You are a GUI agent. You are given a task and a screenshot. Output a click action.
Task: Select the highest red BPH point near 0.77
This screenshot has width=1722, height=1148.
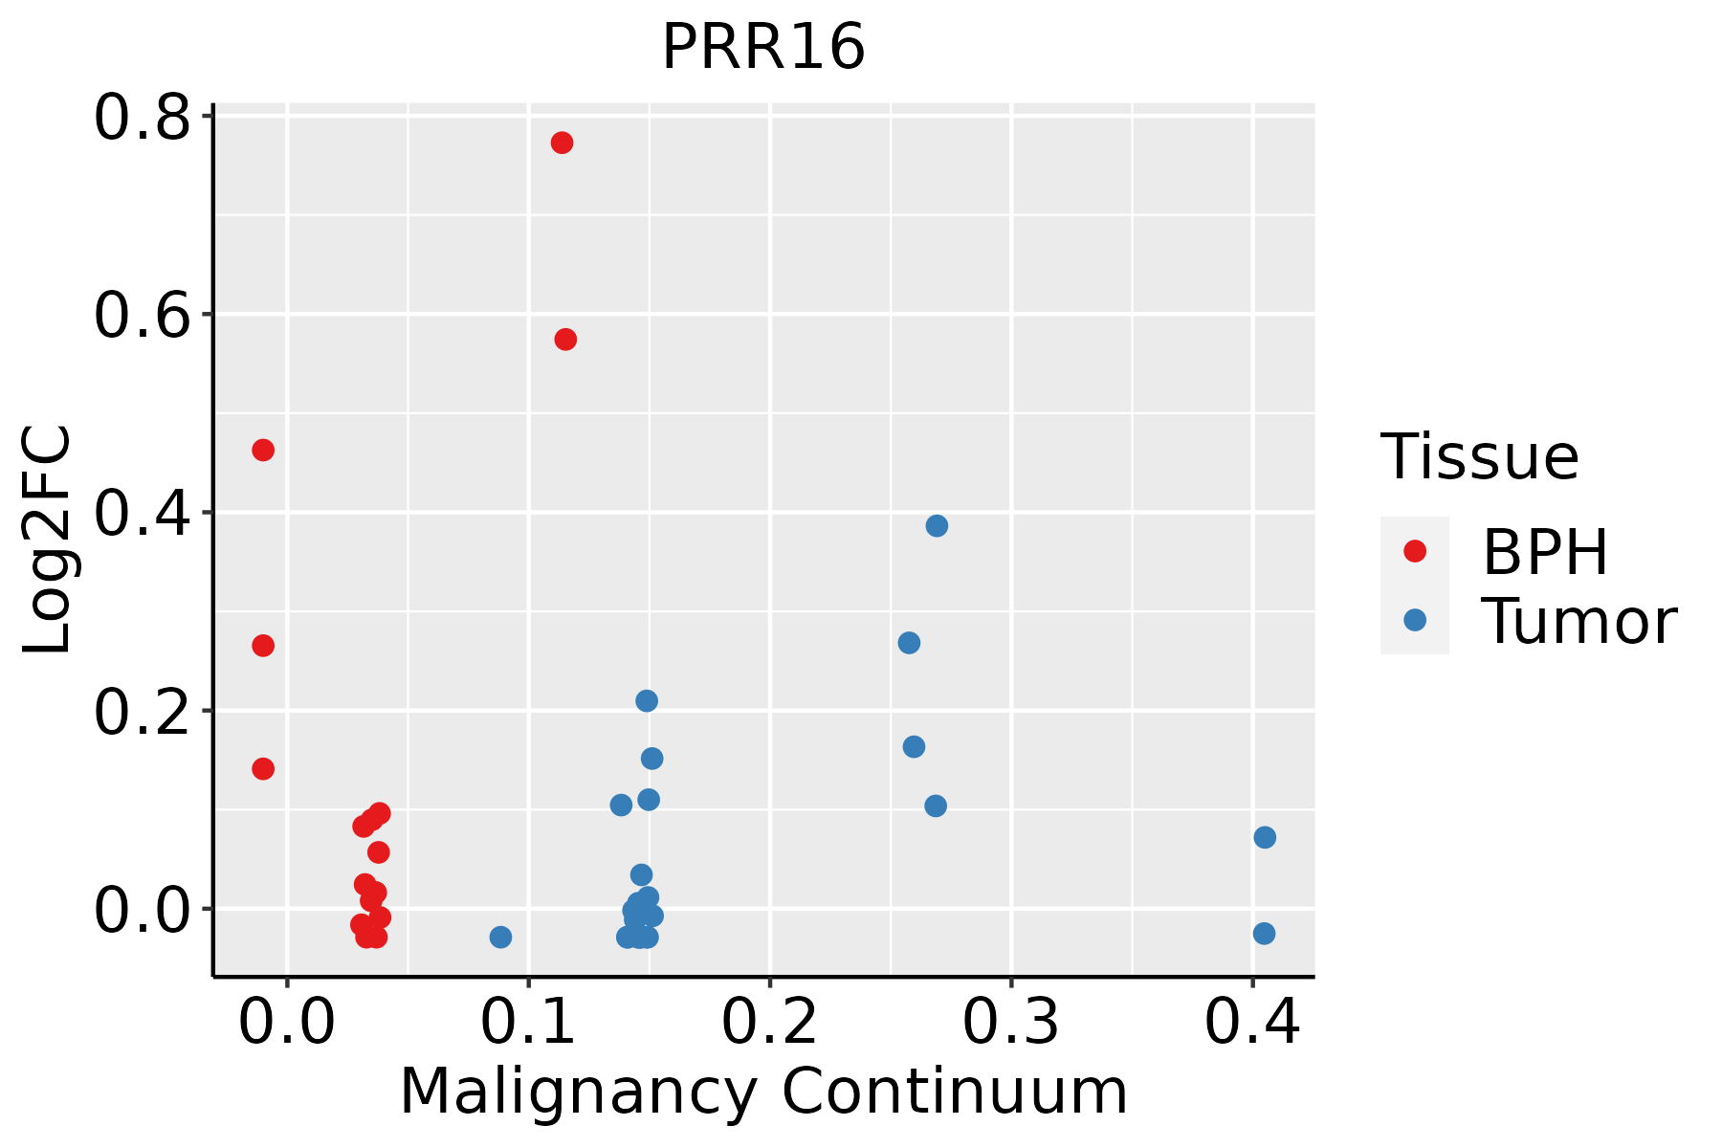pos(562,143)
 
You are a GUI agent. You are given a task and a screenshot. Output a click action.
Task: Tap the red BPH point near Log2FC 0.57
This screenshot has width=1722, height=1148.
pos(565,340)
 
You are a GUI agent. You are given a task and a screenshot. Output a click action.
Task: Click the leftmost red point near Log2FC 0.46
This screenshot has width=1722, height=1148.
pos(263,450)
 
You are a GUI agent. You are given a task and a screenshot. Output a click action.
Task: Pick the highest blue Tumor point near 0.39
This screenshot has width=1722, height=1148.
pos(937,526)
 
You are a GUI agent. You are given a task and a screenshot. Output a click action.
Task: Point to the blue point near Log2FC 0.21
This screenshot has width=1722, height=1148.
pos(647,701)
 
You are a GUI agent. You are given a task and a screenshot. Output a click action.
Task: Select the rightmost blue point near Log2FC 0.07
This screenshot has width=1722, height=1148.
pos(1265,837)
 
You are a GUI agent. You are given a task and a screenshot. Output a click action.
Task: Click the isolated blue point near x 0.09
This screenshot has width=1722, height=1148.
pos(500,937)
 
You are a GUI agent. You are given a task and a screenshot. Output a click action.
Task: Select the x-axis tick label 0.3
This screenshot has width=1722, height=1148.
pos(1010,1022)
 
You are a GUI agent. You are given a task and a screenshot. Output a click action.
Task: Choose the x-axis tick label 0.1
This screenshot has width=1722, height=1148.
pos(528,1022)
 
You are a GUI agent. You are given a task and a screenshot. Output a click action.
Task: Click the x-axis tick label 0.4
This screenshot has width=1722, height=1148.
pos(1251,1022)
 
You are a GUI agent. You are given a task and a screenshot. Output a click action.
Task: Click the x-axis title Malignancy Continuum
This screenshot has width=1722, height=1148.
pos(763,1092)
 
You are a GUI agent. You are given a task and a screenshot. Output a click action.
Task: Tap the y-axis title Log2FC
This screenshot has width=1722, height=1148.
pos(48,541)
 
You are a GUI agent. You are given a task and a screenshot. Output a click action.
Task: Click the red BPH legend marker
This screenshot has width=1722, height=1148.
pos(1414,551)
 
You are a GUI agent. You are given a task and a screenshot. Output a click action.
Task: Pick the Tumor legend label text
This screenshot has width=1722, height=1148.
pos(1578,622)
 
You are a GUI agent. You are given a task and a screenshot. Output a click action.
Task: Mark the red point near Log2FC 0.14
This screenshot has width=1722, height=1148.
pos(263,768)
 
